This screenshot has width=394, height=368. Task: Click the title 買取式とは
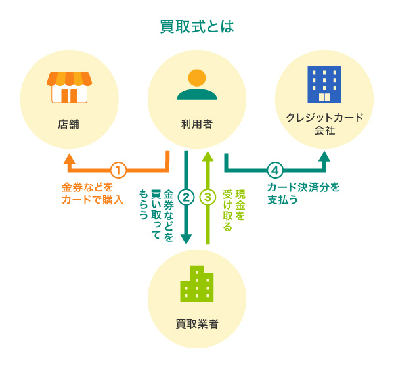tap(197, 27)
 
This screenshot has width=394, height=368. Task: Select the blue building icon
tap(324, 83)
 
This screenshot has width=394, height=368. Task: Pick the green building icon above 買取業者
tap(197, 284)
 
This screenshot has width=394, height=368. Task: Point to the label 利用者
tap(197, 124)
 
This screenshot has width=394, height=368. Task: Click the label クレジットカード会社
tap(324, 124)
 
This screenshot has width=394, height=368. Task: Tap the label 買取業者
tap(197, 324)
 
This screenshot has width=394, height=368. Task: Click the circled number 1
tap(118, 170)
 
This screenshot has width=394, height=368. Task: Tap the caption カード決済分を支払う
tap(303, 193)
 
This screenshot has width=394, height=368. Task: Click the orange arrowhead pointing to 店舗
tap(70, 158)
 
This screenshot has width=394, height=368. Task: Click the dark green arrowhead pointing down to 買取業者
tap(186, 240)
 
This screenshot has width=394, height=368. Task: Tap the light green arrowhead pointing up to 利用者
tap(208, 156)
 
